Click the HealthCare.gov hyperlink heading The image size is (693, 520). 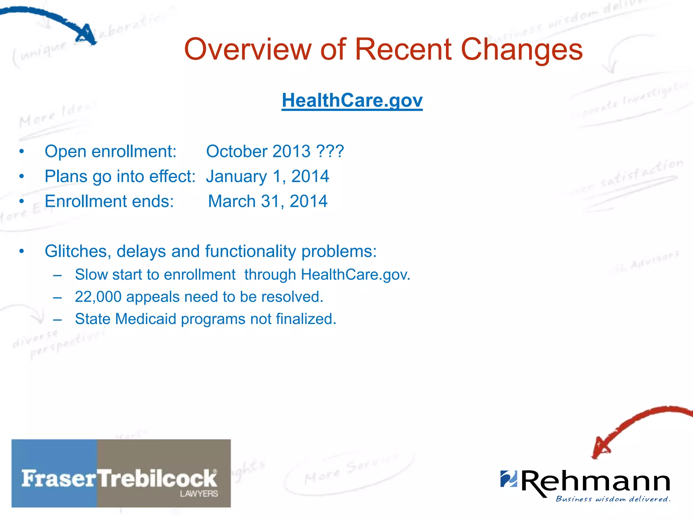tap(352, 101)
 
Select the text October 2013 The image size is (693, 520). tap(258, 151)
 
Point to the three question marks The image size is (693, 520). tap(330, 151)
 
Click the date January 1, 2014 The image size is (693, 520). tap(267, 176)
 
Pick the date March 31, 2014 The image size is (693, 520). tap(267, 201)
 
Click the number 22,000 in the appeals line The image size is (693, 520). tap(98, 297)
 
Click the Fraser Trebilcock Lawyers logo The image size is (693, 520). tap(121, 473)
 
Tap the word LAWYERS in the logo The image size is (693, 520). tap(199, 494)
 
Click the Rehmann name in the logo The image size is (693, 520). tap(596, 481)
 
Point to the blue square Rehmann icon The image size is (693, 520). tap(509, 478)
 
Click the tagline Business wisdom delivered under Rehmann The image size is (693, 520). tap(613, 499)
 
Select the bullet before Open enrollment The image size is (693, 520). tap(22, 151)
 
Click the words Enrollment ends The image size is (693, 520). tap(109, 201)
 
